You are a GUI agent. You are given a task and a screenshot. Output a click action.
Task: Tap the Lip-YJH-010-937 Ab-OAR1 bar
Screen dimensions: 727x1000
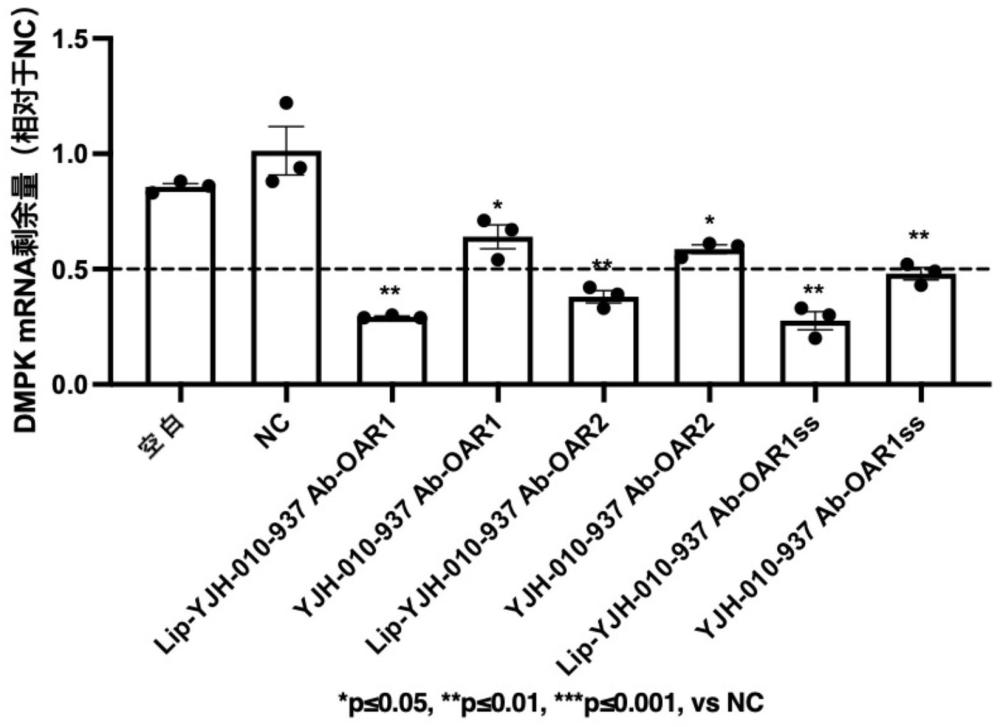[391, 350]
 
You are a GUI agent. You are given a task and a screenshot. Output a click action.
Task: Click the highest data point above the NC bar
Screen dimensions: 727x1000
[286, 103]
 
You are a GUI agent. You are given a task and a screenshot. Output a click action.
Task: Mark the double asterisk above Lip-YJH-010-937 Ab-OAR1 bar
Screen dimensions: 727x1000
[391, 293]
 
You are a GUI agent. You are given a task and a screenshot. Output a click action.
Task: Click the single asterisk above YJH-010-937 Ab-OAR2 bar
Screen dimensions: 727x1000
[709, 221]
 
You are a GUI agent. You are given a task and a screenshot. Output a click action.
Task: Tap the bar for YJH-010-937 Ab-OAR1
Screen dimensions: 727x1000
[497, 311]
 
